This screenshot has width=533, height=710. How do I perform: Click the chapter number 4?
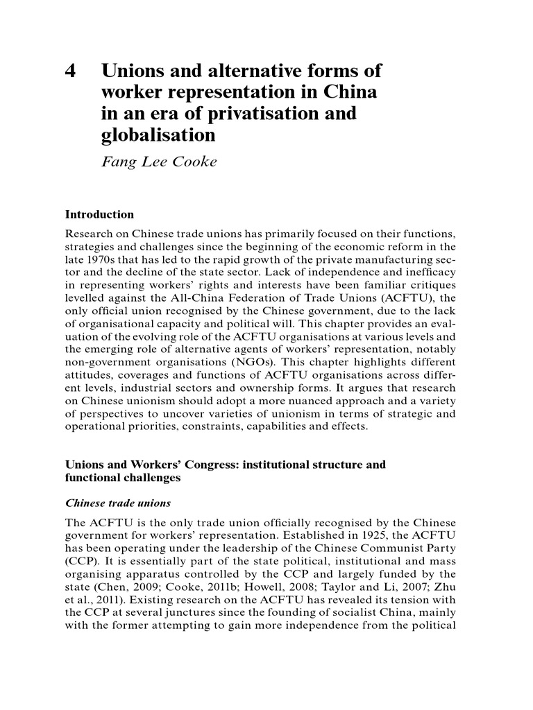coord(71,71)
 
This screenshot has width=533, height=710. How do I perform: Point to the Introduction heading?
coord(99,214)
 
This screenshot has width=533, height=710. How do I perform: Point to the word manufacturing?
coord(396,259)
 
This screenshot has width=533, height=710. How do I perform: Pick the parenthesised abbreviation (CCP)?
coord(78,561)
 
